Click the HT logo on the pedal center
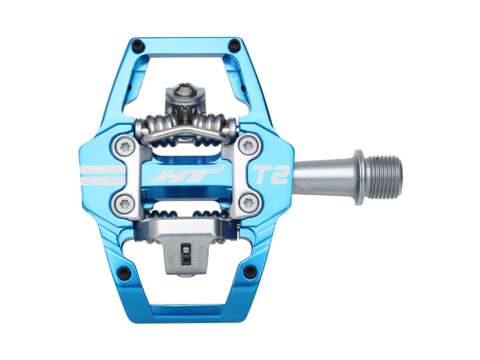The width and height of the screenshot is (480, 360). pos(187,175)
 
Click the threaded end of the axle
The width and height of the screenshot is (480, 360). pos(386,177)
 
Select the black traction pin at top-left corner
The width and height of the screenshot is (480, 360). pos(138,47)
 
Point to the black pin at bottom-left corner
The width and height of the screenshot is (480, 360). pos(124,273)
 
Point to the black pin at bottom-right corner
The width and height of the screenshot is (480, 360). pos(250,272)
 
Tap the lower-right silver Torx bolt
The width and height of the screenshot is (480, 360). pos(248,203)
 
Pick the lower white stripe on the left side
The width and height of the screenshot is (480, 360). pos(103,180)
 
